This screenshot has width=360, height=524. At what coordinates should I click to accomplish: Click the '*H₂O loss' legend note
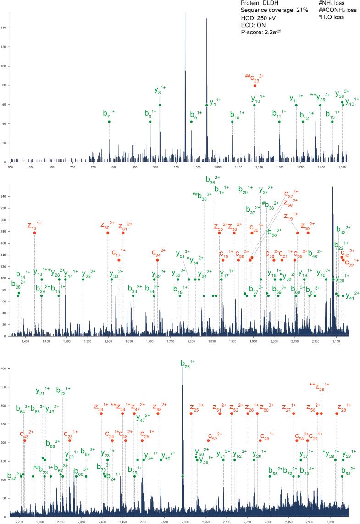point(325,17)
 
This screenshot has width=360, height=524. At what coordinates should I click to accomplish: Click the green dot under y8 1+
point(160,105)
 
